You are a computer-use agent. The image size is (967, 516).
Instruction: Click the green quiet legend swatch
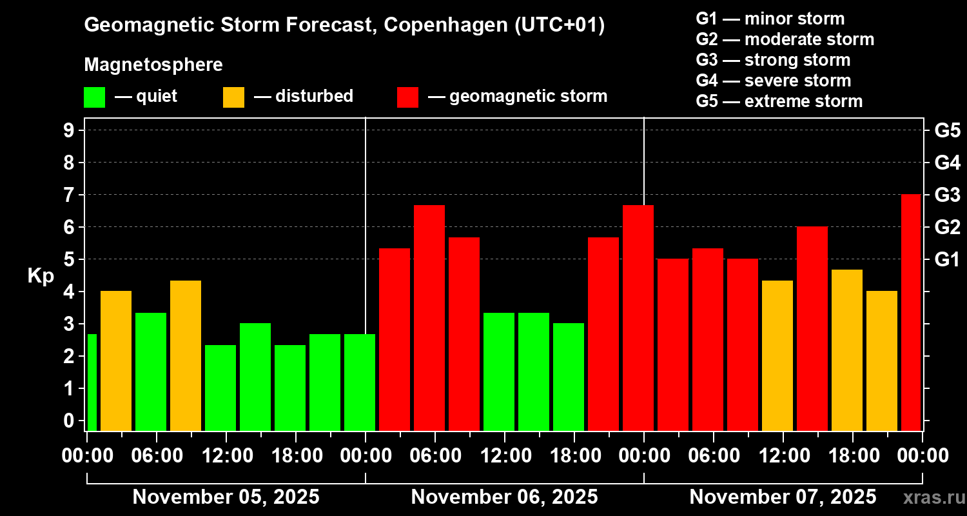click(x=94, y=97)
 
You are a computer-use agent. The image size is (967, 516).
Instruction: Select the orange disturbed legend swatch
click(x=233, y=97)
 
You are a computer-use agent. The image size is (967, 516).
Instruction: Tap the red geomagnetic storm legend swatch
click(x=407, y=97)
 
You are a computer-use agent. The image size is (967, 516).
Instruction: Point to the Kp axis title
click(x=41, y=275)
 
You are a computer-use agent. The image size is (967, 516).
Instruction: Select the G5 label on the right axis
click(x=947, y=130)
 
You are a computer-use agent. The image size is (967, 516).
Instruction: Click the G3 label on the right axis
click(x=947, y=195)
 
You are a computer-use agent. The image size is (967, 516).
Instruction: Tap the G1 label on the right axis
click(x=947, y=259)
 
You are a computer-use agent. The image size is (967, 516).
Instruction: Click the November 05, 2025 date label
click(x=226, y=497)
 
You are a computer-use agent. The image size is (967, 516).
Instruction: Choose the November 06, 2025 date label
click(x=504, y=497)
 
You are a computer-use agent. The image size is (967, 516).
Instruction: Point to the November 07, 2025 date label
click(x=783, y=497)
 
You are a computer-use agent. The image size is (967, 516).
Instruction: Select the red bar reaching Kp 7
click(x=910, y=313)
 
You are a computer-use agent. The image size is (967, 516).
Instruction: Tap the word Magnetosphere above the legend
click(x=153, y=65)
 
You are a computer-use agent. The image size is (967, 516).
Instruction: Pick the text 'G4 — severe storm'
click(x=774, y=81)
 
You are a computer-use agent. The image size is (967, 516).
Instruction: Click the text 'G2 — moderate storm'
click(x=785, y=39)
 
